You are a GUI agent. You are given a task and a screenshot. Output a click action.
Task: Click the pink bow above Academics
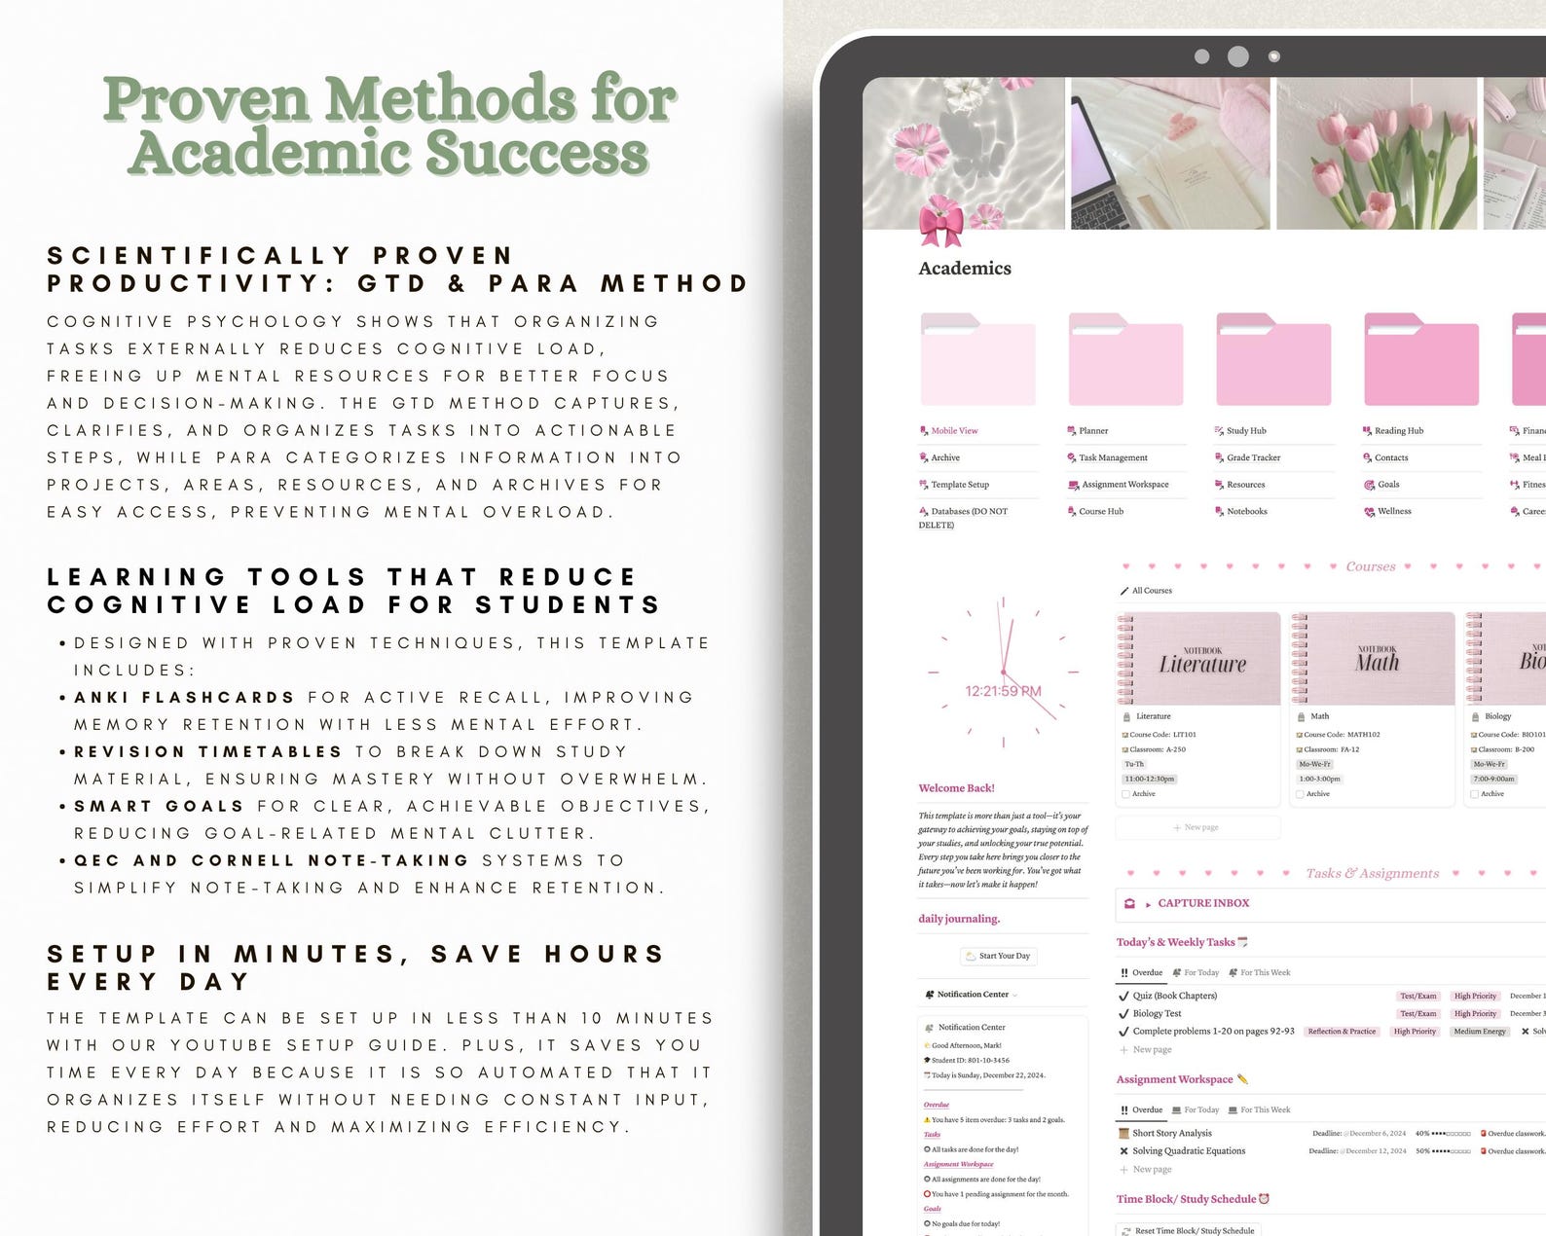click(941, 222)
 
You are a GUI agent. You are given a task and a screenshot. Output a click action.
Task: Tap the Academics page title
click(965, 269)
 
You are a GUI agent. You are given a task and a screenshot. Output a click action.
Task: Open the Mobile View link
click(953, 430)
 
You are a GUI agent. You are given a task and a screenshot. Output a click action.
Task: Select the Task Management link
click(1113, 457)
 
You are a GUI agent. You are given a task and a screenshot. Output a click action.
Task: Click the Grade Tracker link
click(1253, 457)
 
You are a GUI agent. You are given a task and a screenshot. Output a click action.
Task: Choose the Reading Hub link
click(1398, 430)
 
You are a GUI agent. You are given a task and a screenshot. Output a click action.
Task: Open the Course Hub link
click(1100, 511)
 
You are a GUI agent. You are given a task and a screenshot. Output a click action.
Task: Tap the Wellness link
click(1394, 511)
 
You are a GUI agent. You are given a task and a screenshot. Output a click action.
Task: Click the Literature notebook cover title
click(1202, 664)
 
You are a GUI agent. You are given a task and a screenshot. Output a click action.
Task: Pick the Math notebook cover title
click(1377, 662)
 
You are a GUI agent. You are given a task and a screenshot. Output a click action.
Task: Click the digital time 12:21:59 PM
click(1003, 691)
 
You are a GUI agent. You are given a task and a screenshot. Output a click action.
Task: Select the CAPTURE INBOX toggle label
click(1203, 903)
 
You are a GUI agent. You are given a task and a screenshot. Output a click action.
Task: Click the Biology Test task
click(1157, 1013)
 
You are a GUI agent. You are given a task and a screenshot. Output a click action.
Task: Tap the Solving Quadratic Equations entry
click(1189, 1150)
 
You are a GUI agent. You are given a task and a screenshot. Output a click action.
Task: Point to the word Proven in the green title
click(206, 99)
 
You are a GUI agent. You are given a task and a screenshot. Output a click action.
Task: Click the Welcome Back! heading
click(956, 788)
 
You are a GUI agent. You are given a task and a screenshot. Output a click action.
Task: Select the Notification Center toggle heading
click(973, 994)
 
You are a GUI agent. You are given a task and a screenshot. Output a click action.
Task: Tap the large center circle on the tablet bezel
click(1237, 56)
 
